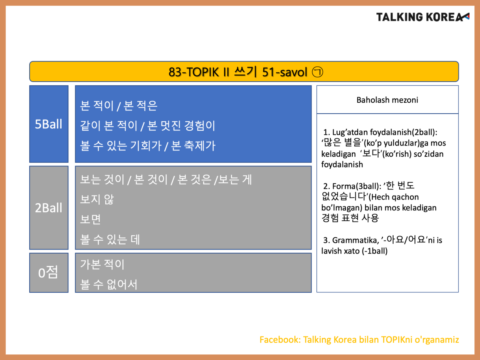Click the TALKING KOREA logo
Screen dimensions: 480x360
(423, 17)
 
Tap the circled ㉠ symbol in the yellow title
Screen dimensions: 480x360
(317, 72)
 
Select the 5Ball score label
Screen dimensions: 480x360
(48, 124)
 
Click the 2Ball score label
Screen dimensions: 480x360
(48, 208)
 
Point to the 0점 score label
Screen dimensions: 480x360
(48, 272)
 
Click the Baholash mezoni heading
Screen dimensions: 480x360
(387, 100)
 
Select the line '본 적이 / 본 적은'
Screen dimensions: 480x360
(118, 106)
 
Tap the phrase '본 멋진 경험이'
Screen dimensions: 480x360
(181, 126)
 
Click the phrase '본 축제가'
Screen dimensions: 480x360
(193, 146)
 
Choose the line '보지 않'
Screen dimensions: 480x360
(97, 199)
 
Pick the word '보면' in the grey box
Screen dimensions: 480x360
(90, 219)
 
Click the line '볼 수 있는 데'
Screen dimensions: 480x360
(110, 239)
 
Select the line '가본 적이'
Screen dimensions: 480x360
(102, 264)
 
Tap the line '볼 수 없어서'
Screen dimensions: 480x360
(109, 284)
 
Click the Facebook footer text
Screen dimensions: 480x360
(359, 340)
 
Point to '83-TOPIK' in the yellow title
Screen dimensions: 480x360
(194, 72)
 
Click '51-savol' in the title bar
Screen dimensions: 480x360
(285, 72)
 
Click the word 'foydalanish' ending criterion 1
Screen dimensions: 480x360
(342, 164)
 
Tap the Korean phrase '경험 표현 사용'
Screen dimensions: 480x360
(350, 218)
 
